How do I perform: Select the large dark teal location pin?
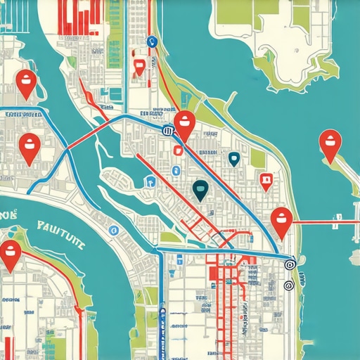(200, 189)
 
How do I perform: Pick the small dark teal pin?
(234, 159)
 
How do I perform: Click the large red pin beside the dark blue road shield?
(184, 124)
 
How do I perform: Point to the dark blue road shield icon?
(167, 131)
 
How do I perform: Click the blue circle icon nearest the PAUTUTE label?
(112, 229)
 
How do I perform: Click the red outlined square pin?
(265, 181)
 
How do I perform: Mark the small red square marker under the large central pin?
(177, 150)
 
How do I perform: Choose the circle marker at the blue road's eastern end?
(288, 264)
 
